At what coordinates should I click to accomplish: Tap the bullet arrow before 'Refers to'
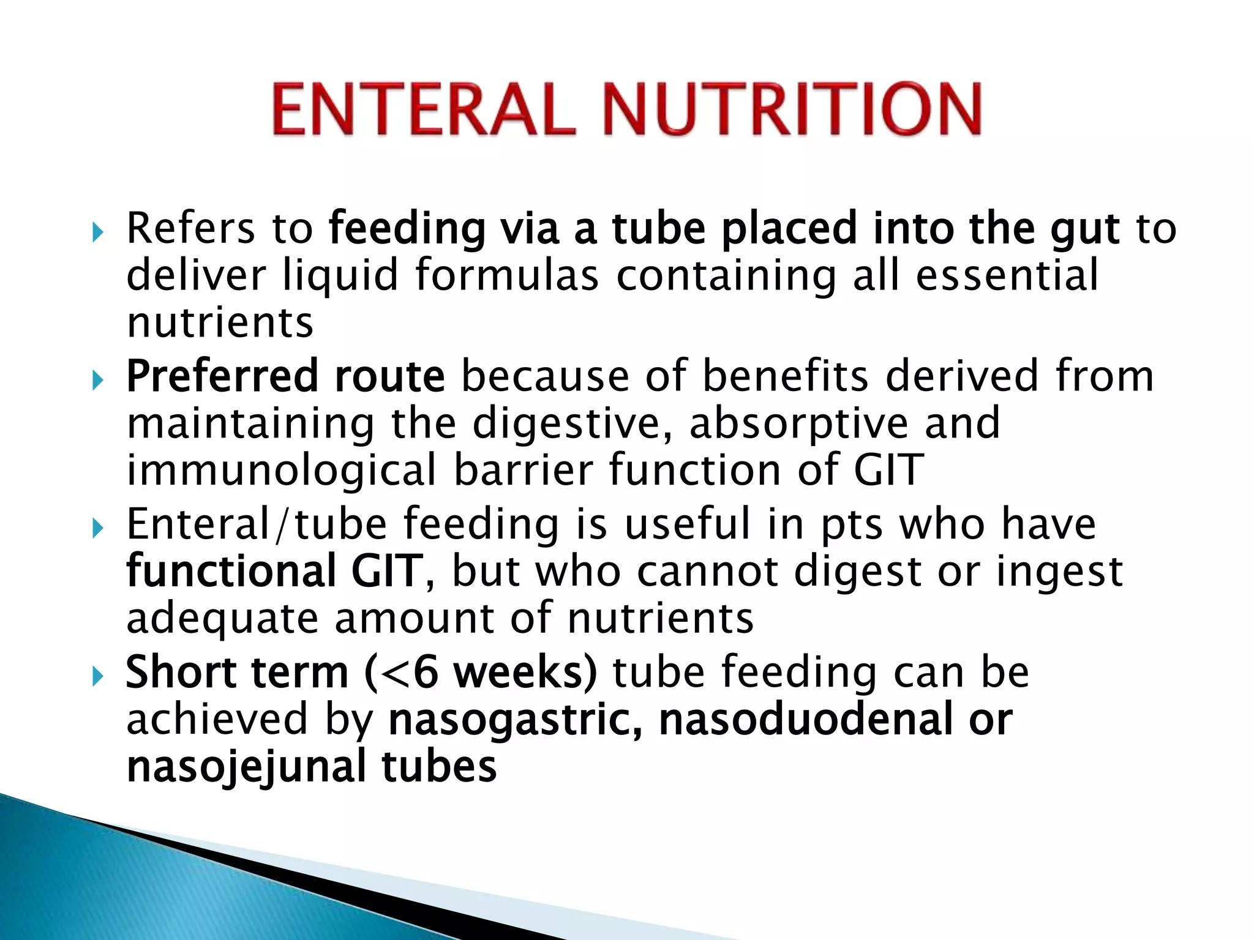point(97,233)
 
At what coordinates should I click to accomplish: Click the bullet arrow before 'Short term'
point(97,677)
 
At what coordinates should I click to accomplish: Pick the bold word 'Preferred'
point(221,377)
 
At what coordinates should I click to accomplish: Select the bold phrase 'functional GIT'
point(274,571)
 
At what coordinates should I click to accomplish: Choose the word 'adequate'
point(222,619)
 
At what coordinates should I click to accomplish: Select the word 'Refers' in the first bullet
point(190,228)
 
